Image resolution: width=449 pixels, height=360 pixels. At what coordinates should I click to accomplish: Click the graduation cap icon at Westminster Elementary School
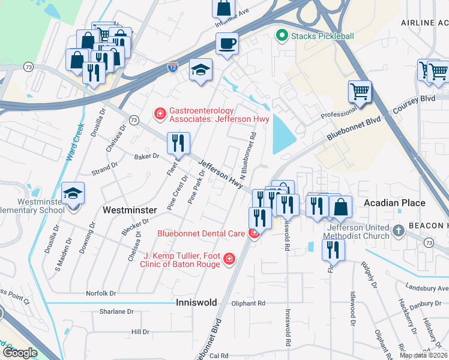click(x=73, y=194)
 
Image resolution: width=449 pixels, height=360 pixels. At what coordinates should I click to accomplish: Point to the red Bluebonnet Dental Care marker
click(x=255, y=233)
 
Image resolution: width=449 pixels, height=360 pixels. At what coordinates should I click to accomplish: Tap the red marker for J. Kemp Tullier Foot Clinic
click(x=228, y=259)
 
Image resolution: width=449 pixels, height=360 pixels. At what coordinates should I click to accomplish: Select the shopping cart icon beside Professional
click(x=360, y=92)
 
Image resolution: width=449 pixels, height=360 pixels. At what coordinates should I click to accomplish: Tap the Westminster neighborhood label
click(x=130, y=210)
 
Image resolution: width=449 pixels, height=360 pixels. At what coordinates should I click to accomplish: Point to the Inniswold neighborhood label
click(x=196, y=303)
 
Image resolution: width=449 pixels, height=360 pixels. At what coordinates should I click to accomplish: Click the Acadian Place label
click(x=394, y=203)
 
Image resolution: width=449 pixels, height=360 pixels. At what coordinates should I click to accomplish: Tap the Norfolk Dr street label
click(x=100, y=293)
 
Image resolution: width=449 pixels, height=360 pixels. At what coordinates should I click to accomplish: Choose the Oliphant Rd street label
click(x=249, y=304)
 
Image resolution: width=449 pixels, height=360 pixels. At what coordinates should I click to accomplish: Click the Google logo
click(x=19, y=353)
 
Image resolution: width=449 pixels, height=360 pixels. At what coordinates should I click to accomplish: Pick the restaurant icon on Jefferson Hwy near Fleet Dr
click(x=178, y=143)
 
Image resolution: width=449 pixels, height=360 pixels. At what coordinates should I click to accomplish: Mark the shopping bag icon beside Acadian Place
click(x=340, y=207)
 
